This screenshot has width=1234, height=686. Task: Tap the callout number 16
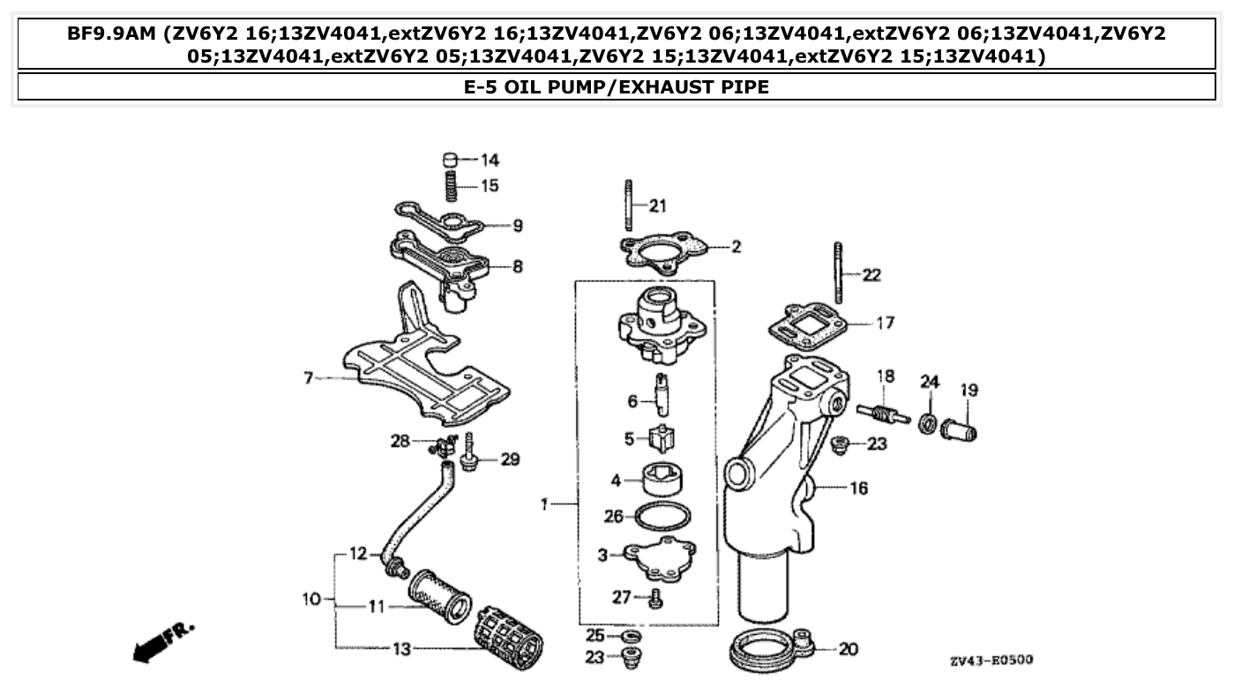pos(858,488)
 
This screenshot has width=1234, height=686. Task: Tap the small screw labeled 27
pos(654,600)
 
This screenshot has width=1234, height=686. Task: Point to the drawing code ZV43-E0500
pos(991,660)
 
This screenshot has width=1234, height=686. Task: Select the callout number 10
pos(311,600)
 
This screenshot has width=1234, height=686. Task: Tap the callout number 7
pos(308,378)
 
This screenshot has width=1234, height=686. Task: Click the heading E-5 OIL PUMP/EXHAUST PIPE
pos(617,87)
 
